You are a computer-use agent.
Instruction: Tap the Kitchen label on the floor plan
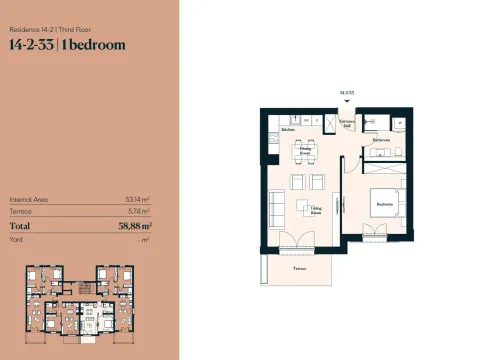[287, 130]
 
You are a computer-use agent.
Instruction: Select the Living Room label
[316, 212]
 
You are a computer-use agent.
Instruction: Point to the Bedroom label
[384, 204]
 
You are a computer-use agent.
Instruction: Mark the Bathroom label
[380, 141]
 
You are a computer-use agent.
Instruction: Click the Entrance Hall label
[347, 125]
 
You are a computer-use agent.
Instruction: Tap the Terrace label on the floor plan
[298, 271]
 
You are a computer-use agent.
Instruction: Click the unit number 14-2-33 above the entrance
[347, 91]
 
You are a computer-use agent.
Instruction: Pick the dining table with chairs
[304, 152]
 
